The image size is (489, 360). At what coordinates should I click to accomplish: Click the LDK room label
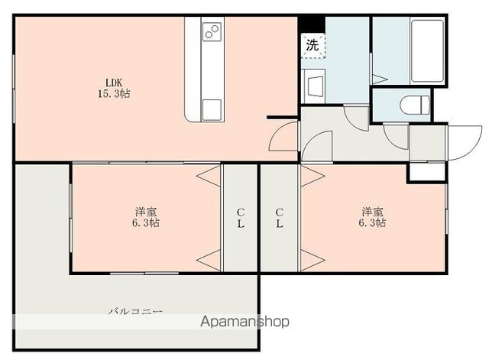tap(114, 83)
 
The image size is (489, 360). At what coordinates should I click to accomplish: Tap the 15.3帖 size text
tap(114, 93)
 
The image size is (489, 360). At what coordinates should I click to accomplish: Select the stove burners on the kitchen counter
tap(212, 32)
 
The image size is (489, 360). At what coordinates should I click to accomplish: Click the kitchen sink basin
tap(212, 110)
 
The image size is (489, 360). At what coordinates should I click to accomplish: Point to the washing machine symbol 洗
tap(313, 46)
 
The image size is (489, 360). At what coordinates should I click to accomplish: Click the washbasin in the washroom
tap(316, 86)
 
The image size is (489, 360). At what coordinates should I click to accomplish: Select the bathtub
tap(427, 51)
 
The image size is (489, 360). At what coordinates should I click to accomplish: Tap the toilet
tap(414, 105)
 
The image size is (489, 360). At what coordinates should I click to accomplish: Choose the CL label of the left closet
tap(241, 218)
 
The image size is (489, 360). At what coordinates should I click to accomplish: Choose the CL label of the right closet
tap(279, 218)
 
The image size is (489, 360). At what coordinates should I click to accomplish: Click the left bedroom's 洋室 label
tap(146, 212)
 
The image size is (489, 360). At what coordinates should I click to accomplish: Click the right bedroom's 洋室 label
tap(372, 212)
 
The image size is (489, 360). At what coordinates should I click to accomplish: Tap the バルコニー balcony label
tap(136, 311)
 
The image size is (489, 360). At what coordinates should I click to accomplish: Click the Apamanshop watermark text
tap(244, 322)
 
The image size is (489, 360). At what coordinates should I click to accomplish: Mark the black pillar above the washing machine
tap(313, 24)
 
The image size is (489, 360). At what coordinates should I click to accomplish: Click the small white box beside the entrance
tap(427, 172)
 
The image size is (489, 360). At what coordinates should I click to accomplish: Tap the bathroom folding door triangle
tap(379, 79)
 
